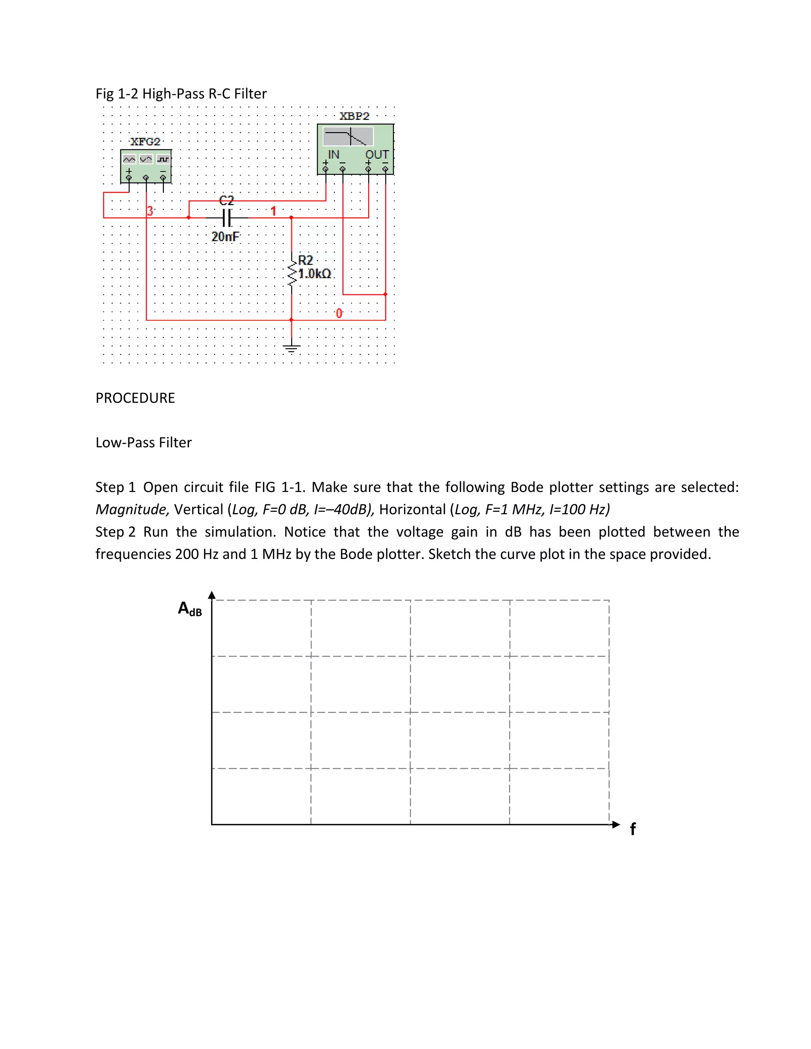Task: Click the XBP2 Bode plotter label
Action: click(x=354, y=116)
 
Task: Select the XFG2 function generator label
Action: click(x=145, y=142)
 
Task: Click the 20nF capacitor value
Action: click(x=225, y=236)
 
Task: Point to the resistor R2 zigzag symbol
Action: click(x=291, y=273)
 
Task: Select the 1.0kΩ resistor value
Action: click(x=315, y=274)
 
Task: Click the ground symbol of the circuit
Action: click(x=291, y=348)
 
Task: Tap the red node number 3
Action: click(x=150, y=211)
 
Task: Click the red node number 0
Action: click(x=339, y=313)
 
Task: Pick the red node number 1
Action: click(x=273, y=211)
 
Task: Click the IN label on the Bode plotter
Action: click(x=333, y=155)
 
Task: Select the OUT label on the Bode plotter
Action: click(x=377, y=155)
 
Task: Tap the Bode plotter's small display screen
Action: click(x=348, y=137)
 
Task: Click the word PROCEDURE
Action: click(x=135, y=398)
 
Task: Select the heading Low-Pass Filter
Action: click(x=143, y=443)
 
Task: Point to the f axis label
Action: click(x=633, y=829)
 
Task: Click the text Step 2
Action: click(x=115, y=532)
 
